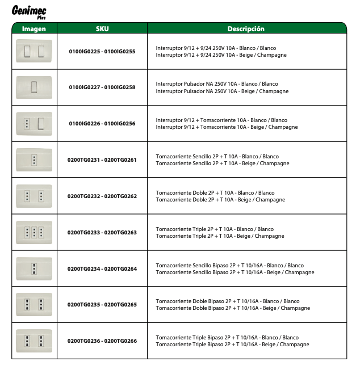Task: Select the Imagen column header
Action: pos(34,28)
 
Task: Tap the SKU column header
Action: pos(102,28)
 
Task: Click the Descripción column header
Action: pos(246,28)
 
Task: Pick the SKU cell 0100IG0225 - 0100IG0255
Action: pos(102,52)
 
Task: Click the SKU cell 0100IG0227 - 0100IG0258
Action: pos(102,87)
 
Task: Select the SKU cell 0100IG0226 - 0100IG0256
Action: pos(102,124)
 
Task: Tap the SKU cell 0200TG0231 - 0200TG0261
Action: pos(102,160)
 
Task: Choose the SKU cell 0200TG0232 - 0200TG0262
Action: pos(102,196)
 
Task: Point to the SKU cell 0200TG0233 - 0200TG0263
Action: pos(102,233)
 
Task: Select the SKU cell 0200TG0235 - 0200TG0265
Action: pos(102,305)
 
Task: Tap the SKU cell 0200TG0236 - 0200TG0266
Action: pos(102,341)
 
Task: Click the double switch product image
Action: pos(34,52)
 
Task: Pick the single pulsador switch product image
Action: pos(34,87)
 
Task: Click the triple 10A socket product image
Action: pos(34,232)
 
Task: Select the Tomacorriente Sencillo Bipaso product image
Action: pos(34,268)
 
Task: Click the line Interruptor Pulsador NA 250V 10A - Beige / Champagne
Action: pos(222,91)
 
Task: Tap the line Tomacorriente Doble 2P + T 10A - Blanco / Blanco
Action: pos(215,193)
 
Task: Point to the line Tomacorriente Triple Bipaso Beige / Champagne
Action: pos(232,345)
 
